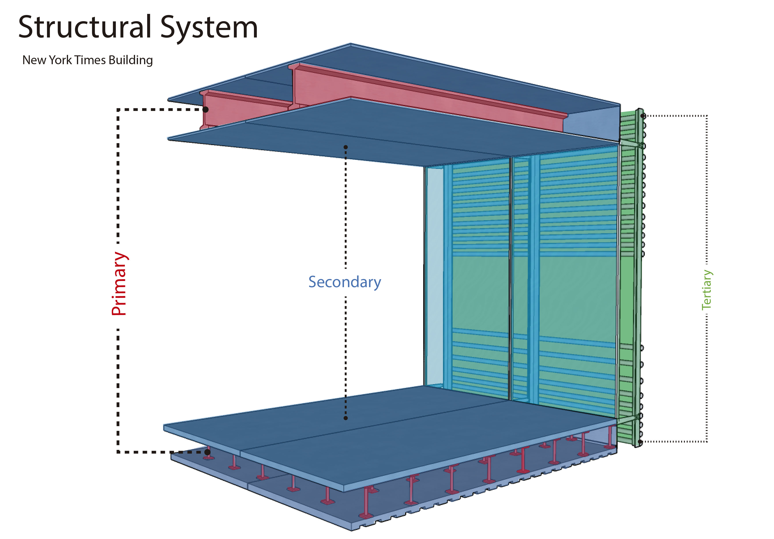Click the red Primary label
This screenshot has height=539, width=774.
pyautogui.click(x=119, y=284)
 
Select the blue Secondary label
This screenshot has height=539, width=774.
pyautogui.click(x=344, y=282)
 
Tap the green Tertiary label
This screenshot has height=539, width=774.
pyautogui.click(x=706, y=290)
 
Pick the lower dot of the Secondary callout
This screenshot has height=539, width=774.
pyautogui.click(x=346, y=418)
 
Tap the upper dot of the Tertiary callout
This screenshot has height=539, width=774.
pyautogui.click(x=643, y=116)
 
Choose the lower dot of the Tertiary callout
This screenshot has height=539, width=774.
pyautogui.click(x=640, y=441)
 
